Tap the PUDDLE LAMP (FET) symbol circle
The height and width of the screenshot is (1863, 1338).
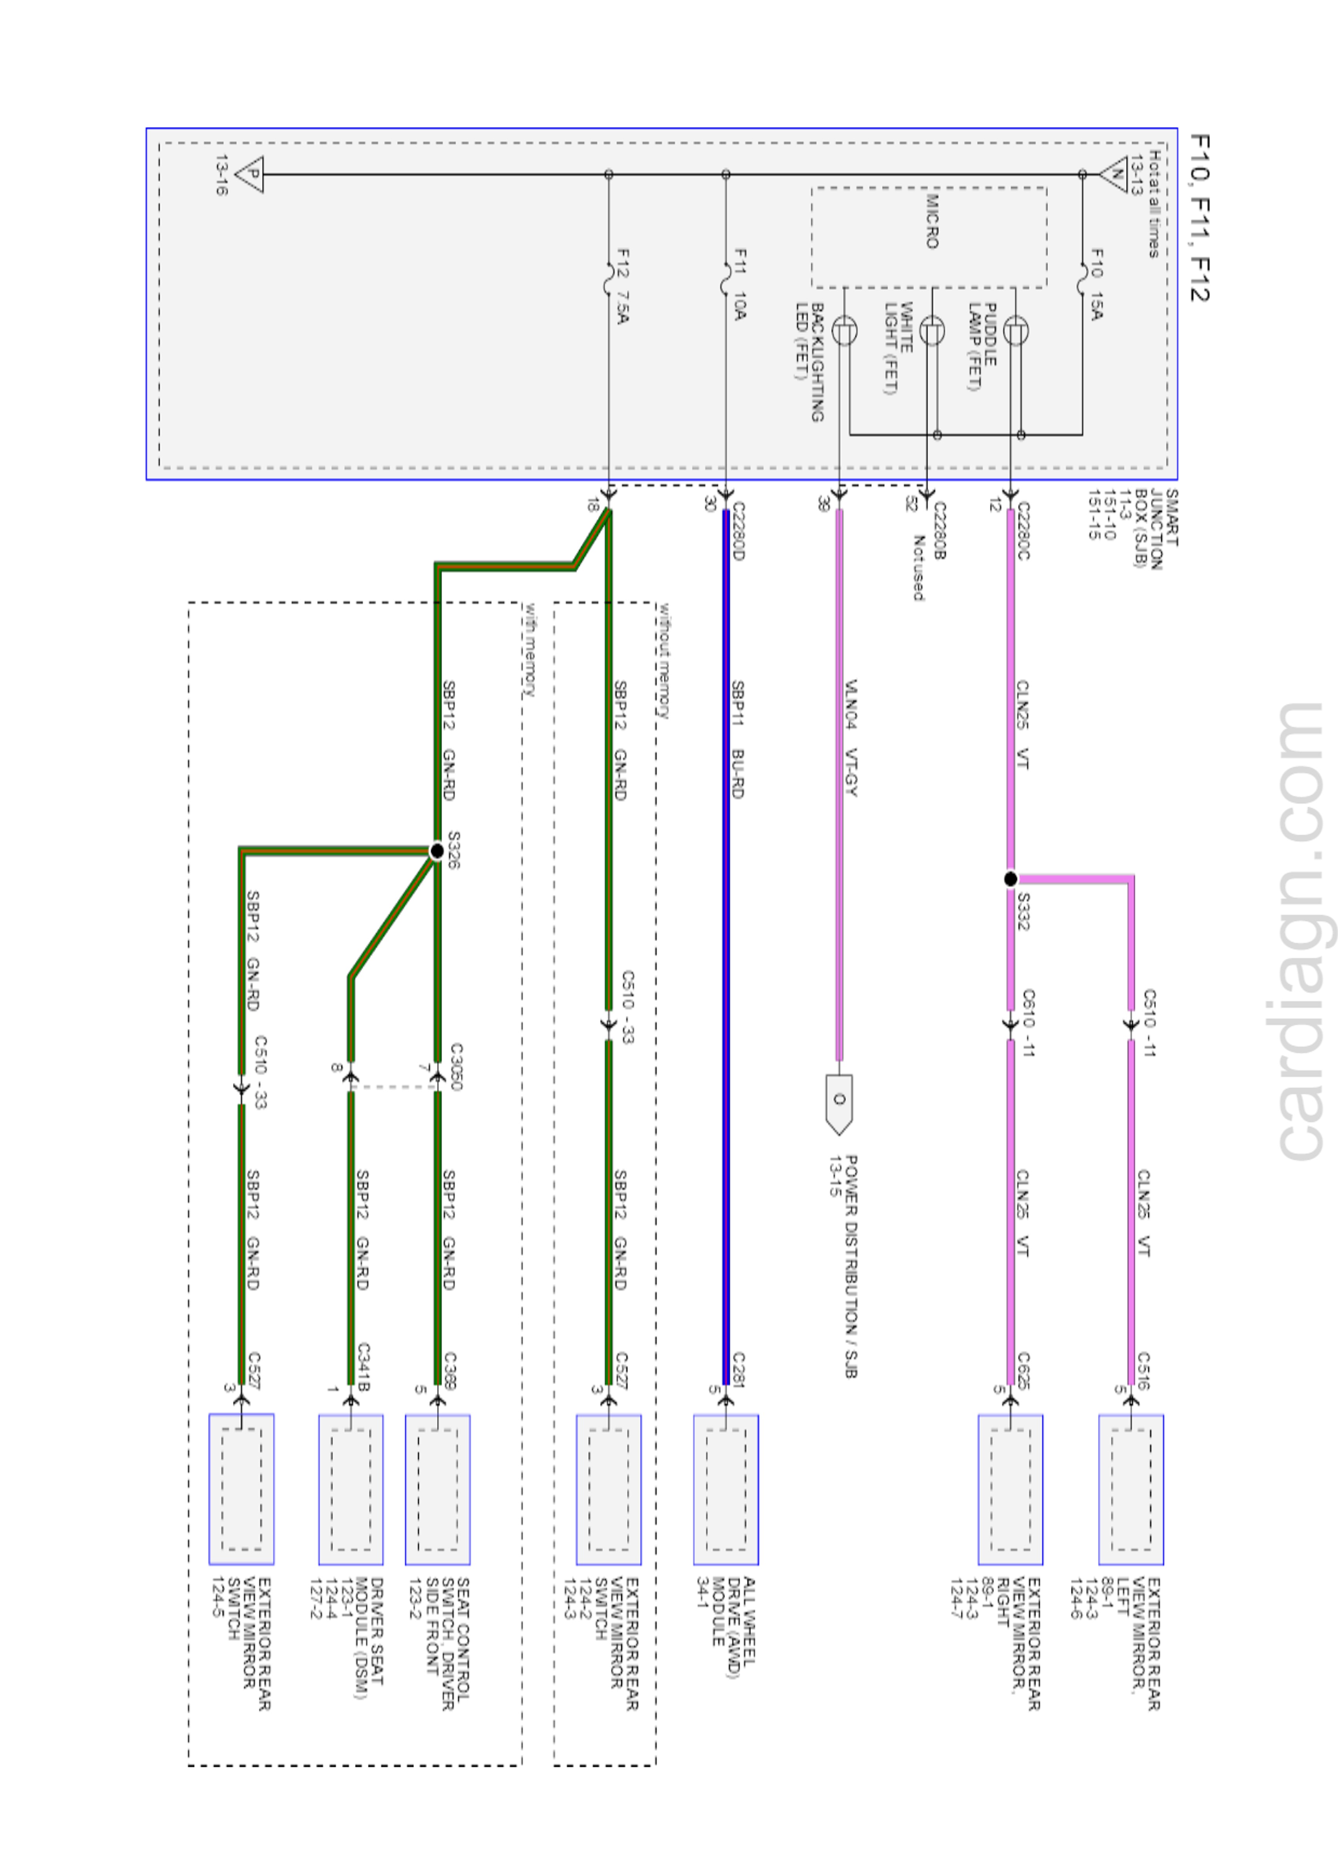[1016, 331]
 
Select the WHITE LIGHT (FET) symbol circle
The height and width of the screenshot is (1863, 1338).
[931, 331]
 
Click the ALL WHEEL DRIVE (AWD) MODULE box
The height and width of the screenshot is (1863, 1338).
[725, 1489]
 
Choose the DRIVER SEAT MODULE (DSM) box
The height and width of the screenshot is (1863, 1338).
[351, 1489]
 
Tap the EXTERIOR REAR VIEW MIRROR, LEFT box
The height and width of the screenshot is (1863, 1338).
[1131, 1489]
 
